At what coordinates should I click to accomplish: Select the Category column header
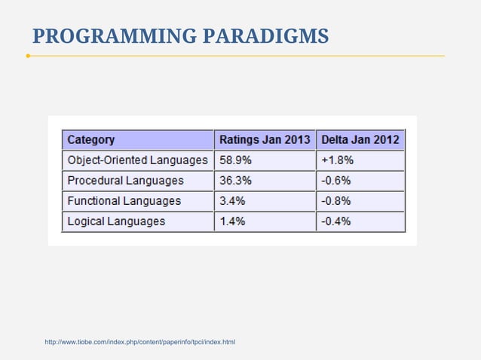(x=91, y=139)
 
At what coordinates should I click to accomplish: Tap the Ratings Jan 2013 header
(x=264, y=139)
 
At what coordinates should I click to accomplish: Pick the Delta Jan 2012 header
(x=360, y=139)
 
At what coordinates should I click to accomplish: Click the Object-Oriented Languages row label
(x=137, y=160)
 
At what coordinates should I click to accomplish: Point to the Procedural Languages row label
(x=125, y=181)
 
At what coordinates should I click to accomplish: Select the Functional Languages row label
(x=124, y=201)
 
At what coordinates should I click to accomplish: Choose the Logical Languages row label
(x=116, y=221)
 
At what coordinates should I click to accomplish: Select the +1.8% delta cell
(x=337, y=160)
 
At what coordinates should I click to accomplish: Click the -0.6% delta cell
(x=336, y=181)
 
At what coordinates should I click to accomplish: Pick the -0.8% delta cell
(x=336, y=201)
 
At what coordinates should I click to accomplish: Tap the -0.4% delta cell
(x=336, y=221)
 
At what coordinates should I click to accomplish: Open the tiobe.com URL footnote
(x=140, y=343)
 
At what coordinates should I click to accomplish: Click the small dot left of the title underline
(x=28, y=56)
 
